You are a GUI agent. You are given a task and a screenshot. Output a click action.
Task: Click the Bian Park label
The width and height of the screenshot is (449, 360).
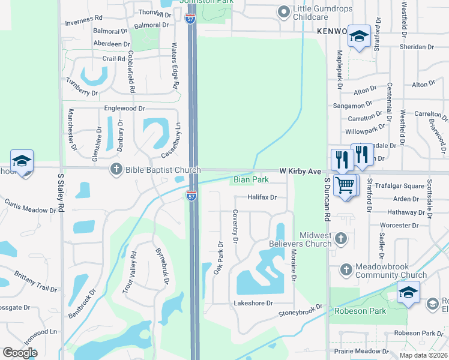point(251,179)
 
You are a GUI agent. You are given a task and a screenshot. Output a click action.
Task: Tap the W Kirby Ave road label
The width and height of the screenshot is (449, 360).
point(300,172)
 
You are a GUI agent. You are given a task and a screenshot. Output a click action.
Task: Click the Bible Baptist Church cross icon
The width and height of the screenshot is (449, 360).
point(116,170)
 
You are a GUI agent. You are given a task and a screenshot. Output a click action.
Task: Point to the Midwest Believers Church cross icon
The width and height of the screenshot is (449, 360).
point(340,239)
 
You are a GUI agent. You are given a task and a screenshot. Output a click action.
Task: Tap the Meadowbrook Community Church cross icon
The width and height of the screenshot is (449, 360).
point(345,270)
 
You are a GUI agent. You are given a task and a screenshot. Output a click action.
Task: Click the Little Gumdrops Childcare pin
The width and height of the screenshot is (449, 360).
point(283,11)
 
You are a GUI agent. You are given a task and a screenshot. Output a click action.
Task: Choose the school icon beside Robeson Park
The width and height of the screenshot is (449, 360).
point(408,292)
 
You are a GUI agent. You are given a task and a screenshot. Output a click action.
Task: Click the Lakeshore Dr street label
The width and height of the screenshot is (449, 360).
point(253,304)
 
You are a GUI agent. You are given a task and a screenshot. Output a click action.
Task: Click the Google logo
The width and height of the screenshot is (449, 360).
point(20,352)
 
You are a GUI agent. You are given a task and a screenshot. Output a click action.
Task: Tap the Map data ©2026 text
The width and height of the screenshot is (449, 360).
point(423,355)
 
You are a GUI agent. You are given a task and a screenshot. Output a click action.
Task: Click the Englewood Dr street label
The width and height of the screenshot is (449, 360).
point(125,109)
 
